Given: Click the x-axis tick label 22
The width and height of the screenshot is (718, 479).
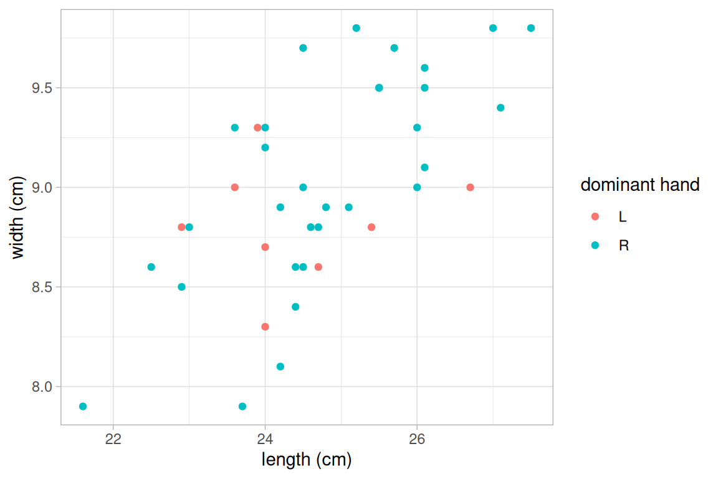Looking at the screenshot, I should (x=113, y=438).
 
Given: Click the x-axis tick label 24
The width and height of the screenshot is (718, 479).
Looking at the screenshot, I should (x=265, y=438).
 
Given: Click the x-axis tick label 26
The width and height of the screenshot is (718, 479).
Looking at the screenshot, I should (x=417, y=438).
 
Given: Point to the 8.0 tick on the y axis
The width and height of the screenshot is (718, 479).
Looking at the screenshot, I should (x=43, y=387).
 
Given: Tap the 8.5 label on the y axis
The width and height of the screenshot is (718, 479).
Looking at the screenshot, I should (x=43, y=287).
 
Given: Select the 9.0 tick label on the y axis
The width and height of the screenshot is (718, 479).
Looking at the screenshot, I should (x=43, y=187).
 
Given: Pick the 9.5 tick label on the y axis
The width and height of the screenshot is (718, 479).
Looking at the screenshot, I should (x=43, y=88).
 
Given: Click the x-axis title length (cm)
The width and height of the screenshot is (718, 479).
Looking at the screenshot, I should (x=307, y=460).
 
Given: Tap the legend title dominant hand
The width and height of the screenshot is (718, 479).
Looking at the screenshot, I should (x=639, y=185).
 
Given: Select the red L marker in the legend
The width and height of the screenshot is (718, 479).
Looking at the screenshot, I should (x=595, y=216).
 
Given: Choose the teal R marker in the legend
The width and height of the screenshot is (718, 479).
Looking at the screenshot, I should (x=595, y=245).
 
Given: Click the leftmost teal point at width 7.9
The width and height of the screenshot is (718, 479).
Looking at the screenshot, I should (x=83, y=407).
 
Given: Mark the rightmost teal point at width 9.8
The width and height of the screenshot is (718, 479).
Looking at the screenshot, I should (x=531, y=28).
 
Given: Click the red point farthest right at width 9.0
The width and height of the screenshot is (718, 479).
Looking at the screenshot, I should (x=470, y=187).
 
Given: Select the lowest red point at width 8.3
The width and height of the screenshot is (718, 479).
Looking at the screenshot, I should (x=265, y=327).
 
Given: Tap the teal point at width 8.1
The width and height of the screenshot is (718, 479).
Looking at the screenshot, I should (x=280, y=367).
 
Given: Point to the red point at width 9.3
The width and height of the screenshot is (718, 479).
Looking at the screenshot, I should (x=257, y=128).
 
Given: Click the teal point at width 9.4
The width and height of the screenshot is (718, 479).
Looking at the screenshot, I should (x=500, y=108).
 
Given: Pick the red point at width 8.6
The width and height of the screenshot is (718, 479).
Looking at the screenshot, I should (x=318, y=267).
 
